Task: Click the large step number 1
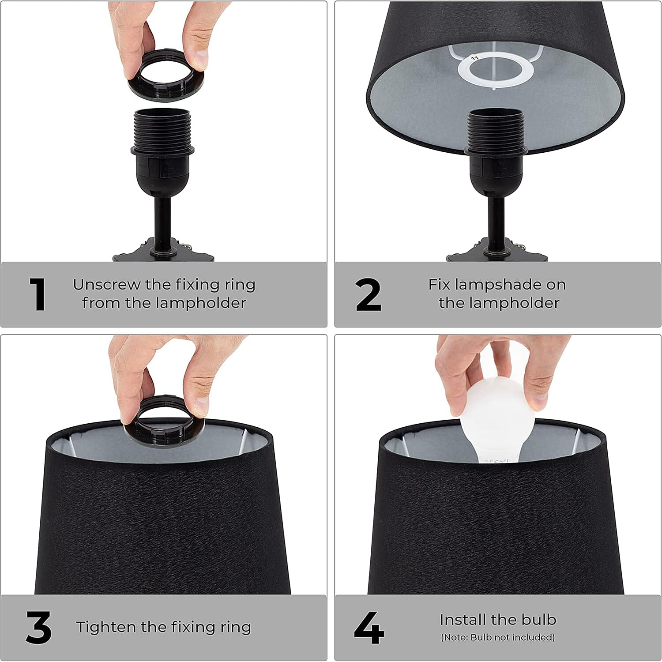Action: point(38,294)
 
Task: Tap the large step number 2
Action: point(368,294)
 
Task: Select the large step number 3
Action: point(39,627)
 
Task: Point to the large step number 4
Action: point(369,627)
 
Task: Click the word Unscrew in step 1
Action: point(106,285)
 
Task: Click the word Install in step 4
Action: point(462,620)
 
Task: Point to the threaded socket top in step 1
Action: point(162,128)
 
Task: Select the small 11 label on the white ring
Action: point(475,58)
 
